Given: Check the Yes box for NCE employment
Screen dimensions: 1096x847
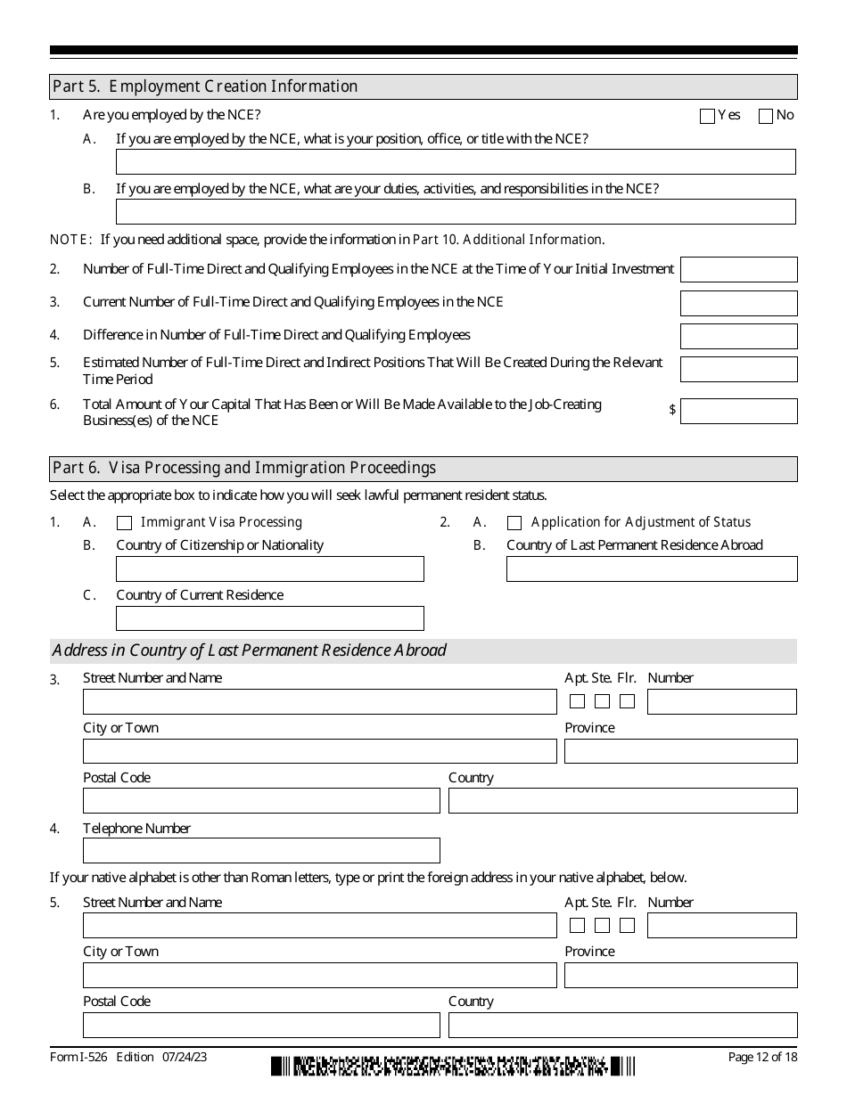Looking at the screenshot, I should [x=708, y=116].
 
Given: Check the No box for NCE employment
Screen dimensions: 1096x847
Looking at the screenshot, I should [x=766, y=116].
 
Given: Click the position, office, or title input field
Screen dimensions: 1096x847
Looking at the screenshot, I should [x=456, y=161].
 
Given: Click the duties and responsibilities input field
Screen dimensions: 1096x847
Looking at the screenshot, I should [x=456, y=211].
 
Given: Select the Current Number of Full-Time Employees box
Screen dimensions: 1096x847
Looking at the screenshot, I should [x=738, y=303].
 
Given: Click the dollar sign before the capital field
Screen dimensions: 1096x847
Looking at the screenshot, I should [x=672, y=410].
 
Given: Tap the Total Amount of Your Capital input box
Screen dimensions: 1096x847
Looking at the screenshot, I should [x=738, y=411].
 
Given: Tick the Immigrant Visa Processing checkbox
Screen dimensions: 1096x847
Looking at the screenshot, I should [x=125, y=523].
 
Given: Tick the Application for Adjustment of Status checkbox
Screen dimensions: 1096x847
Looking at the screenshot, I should [x=514, y=523].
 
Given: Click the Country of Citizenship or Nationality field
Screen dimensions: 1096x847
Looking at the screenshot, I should [x=270, y=569].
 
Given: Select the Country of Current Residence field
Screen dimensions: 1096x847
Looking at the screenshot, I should [x=270, y=618].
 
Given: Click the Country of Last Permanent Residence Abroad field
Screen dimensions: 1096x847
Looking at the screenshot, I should [x=652, y=569].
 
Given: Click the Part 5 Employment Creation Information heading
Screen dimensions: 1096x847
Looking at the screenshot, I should [x=205, y=86].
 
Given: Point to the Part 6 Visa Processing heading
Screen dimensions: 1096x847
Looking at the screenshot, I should [x=244, y=468].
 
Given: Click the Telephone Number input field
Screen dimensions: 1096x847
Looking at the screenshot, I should [x=261, y=850].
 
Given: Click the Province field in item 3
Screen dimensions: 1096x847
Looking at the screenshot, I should [x=680, y=751].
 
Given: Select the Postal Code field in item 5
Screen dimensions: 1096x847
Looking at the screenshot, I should [x=261, y=1025].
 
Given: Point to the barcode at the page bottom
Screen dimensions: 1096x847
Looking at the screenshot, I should [x=453, y=1065].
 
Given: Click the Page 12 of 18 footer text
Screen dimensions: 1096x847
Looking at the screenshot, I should [x=762, y=1058].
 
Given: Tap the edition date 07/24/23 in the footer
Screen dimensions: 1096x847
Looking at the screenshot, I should [x=185, y=1058].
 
